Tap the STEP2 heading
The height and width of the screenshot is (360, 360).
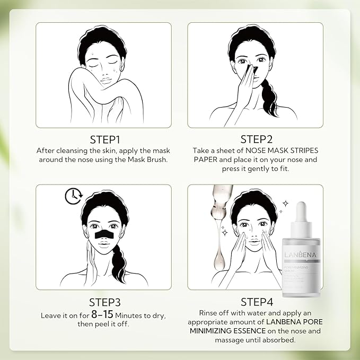[255, 139]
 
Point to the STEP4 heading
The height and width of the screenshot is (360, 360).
[255, 302]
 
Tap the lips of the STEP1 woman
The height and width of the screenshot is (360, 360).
[105, 75]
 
